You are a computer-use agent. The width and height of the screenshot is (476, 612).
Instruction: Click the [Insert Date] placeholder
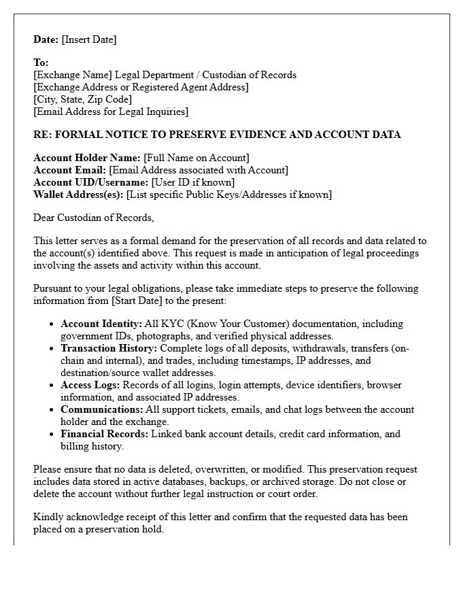89,39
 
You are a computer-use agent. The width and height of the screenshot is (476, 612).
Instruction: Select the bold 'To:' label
41,63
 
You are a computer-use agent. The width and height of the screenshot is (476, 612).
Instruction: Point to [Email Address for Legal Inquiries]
111,112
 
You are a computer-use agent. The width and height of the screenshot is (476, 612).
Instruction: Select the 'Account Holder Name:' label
87,158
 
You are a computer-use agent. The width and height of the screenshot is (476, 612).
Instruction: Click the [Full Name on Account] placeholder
197,158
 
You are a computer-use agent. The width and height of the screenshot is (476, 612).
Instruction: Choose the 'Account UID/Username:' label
90,182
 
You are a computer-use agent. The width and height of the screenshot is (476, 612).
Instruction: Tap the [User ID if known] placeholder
192,182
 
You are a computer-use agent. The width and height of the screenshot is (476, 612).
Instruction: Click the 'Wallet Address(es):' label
78,194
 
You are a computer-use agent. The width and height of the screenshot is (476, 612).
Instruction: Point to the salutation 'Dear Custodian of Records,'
94,218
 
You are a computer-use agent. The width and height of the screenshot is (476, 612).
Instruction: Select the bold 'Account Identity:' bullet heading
101,324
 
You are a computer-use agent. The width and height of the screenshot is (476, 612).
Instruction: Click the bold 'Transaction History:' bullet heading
108,348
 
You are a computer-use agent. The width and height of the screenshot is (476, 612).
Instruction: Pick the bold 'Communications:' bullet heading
102,409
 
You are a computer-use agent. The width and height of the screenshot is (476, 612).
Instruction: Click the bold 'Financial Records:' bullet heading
104,434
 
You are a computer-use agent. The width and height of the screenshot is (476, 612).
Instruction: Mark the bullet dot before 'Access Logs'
52,386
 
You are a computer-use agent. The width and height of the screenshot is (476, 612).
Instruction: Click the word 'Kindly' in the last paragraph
49,517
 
